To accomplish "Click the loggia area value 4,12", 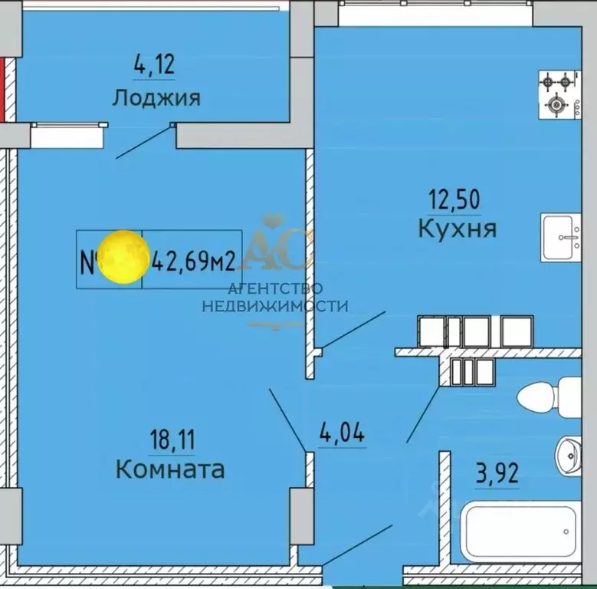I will tap(154, 64).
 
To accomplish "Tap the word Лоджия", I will tap(156, 98).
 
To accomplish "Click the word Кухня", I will tap(457, 228).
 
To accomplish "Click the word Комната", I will tap(170, 469).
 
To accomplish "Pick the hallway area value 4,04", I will tap(341, 433).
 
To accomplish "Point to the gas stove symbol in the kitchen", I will tap(557, 92).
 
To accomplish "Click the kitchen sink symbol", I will tap(568, 238).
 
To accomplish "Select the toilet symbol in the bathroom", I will tap(556, 397).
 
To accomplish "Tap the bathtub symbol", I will tap(520, 532).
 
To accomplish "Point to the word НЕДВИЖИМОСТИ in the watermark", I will tap(274, 306).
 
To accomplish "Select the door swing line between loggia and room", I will tap(144, 142).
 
